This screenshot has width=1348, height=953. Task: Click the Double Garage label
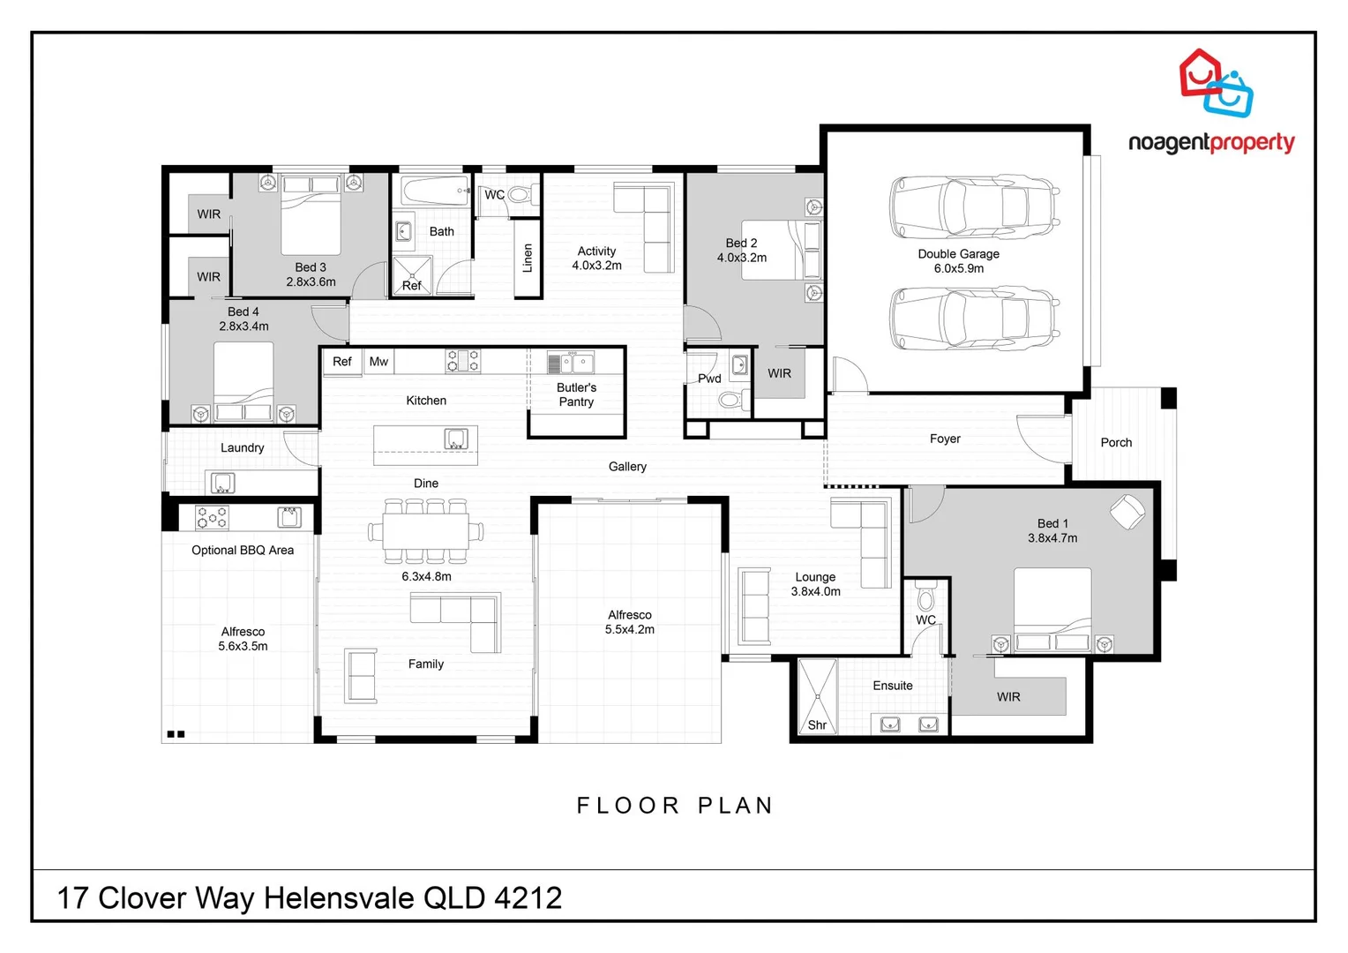(x=958, y=254)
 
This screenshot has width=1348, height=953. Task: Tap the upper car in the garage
(x=973, y=206)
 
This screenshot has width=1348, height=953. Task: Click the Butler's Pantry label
(x=576, y=394)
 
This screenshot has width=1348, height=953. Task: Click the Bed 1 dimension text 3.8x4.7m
(x=1052, y=538)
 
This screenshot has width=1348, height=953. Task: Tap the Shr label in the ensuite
(x=817, y=725)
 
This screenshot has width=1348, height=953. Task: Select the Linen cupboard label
(x=528, y=258)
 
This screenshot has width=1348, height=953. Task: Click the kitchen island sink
(x=456, y=439)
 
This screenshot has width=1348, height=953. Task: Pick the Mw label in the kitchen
(x=378, y=362)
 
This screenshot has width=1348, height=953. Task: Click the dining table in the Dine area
(x=425, y=530)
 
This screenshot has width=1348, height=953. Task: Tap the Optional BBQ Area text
(x=243, y=551)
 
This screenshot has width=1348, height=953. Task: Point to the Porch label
(x=1116, y=443)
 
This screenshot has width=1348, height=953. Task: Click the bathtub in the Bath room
(x=435, y=191)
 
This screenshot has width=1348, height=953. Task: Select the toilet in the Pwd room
(x=730, y=401)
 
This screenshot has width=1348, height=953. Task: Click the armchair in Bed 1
(x=1127, y=512)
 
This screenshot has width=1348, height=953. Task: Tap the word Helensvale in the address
(x=340, y=898)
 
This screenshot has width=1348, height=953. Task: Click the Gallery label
(x=627, y=467)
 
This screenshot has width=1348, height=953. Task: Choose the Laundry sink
(x=221, y=483)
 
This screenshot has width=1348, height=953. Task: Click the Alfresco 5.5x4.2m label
(x=629, y=622)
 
